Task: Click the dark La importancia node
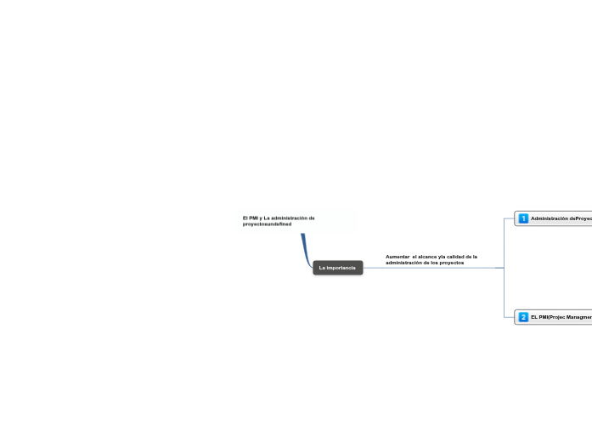coord(337,268)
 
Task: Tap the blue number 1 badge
coord(523,218)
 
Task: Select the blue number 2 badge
coord(523,317)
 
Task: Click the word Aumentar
coord(397,257)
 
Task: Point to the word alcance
coord(427,257)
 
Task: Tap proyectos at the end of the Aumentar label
coord(452,263)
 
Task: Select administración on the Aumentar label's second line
coord(403,263)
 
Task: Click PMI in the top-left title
coord(253,218)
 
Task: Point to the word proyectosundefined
coord(267,224)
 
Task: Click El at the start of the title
coord(245,218)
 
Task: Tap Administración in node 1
coord(550,218)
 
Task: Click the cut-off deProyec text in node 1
coord(581,218)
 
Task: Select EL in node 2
coord(534,317)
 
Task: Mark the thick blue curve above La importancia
coord(304,249)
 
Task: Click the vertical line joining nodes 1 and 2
coord(504,268)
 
